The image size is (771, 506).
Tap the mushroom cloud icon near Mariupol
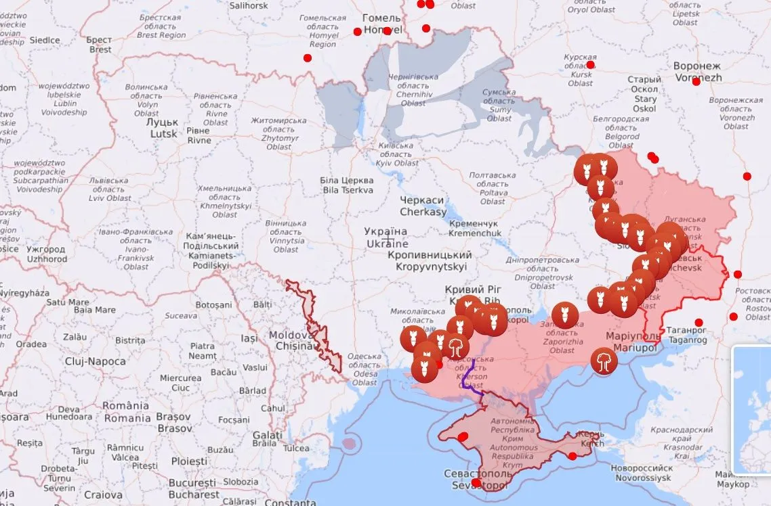[x=602, y=361]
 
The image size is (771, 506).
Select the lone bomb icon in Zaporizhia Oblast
[x=564, y=315]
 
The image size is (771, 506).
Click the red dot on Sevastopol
[x=476, y=482]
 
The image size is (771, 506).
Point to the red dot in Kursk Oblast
[x=590, y=65]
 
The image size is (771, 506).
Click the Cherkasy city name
[x=423, y=206]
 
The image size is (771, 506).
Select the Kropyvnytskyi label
[x=430, y=260]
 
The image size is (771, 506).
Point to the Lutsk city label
[x=164, y=129]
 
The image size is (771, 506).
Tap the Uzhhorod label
[x=46, y=254]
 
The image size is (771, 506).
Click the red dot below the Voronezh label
[x=696, y=82]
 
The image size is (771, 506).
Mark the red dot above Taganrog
[x=699, y=322]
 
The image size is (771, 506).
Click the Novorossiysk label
[x=641, y=473]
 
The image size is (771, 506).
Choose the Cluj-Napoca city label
[x=96, y=361]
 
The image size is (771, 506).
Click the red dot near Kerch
[x=572, y=456]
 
